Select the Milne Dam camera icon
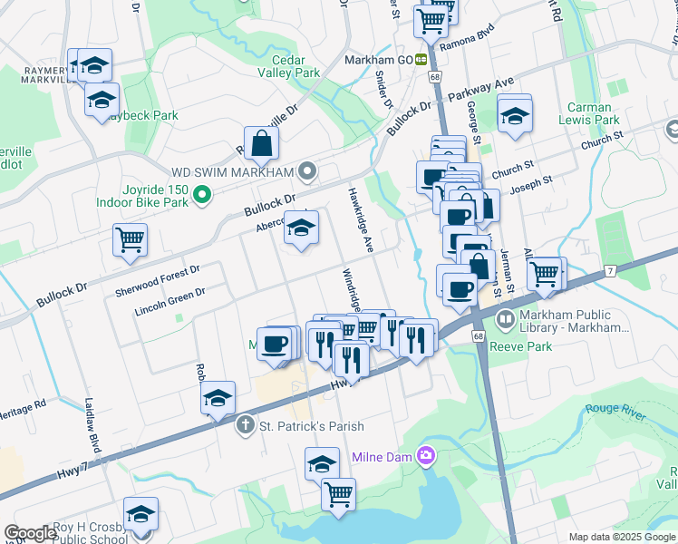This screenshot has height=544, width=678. (x=426, y=456)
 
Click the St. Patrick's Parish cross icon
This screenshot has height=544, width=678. (x=245, y=425)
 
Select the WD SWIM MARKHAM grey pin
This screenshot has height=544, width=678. (x=309, y=170)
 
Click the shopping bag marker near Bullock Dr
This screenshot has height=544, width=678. (x=261, y=143)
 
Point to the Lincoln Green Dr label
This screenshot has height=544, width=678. (x=169, y=299)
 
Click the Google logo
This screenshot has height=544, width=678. (x=30, y=533)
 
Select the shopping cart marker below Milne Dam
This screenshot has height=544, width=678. (x=338, y=495)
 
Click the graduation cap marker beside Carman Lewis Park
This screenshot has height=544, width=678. (x=514, y=114)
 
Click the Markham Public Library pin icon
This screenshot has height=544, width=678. (x=504, y=317)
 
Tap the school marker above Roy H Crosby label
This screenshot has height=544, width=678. (x=140, y=515)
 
